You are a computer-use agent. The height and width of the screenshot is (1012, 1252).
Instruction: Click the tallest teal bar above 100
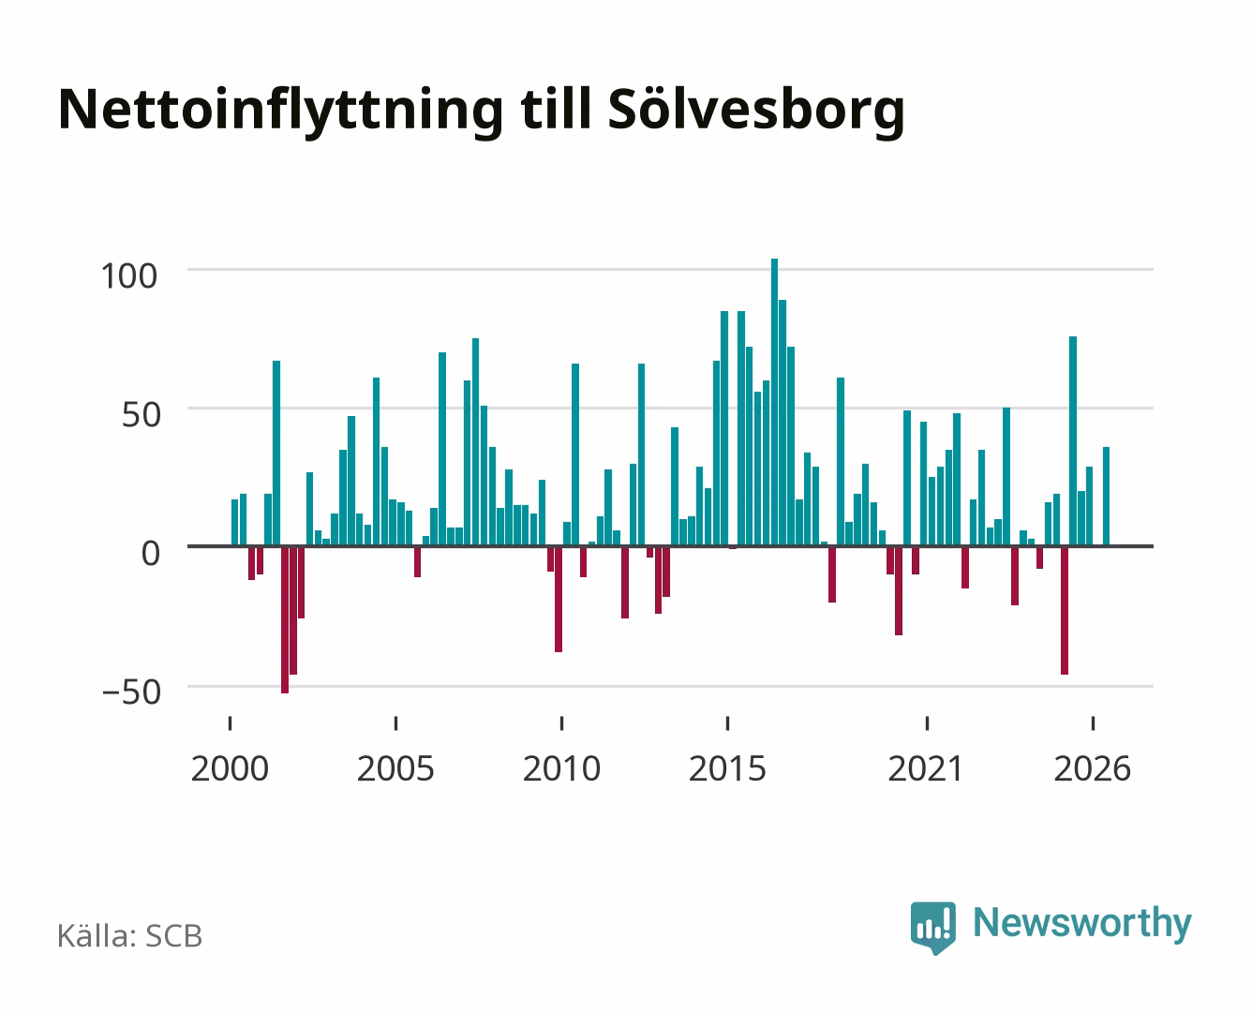pos(774,402)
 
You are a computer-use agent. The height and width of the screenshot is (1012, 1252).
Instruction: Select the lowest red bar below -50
pos(285,620)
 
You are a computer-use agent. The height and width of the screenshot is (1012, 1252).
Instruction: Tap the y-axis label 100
pos(128,276)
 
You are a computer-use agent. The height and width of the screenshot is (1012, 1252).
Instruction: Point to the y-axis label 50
pos(142,415)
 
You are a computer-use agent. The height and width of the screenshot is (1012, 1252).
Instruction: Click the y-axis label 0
pos(151,554)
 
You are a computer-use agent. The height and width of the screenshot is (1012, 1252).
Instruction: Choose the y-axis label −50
pos(131,692)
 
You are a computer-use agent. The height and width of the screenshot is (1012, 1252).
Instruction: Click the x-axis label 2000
pos(230,768)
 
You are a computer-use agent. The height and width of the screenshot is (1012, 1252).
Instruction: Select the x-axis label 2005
pos(395,768)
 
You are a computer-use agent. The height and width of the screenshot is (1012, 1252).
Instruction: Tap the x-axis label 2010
pos(561,768)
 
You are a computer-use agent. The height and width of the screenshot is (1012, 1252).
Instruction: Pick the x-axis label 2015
pos(727,768)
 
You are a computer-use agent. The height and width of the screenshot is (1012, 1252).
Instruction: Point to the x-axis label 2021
pos(927,768)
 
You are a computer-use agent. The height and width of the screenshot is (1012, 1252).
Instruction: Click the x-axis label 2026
pos(1092,768)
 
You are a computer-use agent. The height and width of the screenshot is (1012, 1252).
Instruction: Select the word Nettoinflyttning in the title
pos(281,112)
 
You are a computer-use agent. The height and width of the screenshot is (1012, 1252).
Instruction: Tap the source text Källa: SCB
pos(130,935)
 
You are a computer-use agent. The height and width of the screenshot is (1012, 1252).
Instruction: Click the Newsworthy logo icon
pos(932,928)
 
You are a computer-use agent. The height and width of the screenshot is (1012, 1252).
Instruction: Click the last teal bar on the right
pos(1106,497)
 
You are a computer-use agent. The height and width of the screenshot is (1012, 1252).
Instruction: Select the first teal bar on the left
pos(234,523)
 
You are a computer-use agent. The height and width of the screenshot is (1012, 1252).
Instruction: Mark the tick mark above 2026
pos(1093,723)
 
